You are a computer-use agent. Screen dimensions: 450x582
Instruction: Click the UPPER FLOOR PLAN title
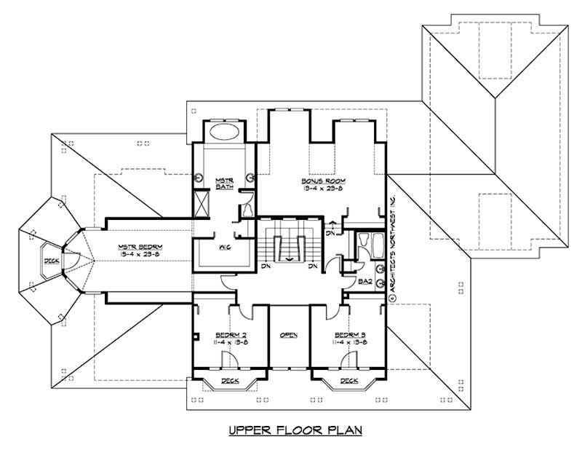pyautogui.click(x=295, y=430)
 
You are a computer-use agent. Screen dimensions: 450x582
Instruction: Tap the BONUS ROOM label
pyautogui.click(x=324, y=180)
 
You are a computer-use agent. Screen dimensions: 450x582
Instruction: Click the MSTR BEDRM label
pyautogui.click(x=140, y=247)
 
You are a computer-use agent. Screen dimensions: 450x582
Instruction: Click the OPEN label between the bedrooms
pyautogui.click(x=289, y=335)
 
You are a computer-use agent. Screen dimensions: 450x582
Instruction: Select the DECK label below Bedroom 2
pyautogui.click(x=230, y=381)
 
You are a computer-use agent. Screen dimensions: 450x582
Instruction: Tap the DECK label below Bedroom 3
pyautogui.click(x=348, y=381)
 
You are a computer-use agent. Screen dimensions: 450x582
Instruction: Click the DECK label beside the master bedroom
pyautogui.click(x=50, y=260)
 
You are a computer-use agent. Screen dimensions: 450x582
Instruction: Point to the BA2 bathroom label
pyautogui.click(x=365, y=280)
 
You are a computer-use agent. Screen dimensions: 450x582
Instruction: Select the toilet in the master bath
pyautogui.click(x=247, y=210)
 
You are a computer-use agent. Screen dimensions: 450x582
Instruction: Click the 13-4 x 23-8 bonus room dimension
pyautogui.click(x=324, y=188)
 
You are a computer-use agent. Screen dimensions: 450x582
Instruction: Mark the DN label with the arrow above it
pyautogui.click(x=330, y=233)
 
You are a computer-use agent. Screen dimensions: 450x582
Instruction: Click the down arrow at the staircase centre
pyautogui.click(x=290, y=256)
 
